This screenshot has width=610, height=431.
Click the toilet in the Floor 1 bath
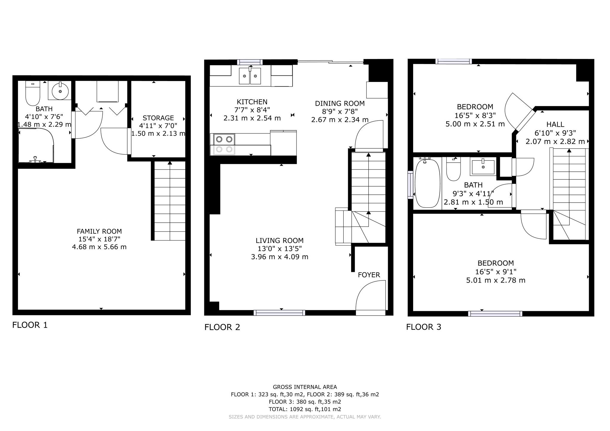tap(33, 93)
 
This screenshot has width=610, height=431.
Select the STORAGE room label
tap(158, 118)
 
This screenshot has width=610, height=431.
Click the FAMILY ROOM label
tap(99, 231)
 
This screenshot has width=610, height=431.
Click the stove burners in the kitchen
tap(224, 144)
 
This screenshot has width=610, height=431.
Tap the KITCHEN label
tap(252, 102)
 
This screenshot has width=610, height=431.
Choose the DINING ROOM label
tap(340, 103)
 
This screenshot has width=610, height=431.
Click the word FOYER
tap(369, 275)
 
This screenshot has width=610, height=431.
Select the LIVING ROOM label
tap(279, 241)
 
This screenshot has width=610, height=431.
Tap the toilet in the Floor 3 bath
tap(453, 169)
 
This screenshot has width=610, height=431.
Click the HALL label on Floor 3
tap(555, 124)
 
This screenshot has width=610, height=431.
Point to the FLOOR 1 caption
tap(30, 325)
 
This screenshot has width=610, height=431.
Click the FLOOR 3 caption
tap(424, 327)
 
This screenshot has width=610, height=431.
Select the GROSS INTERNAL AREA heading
tap(305, 387)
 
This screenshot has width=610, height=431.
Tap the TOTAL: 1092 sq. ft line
tap(305, 409)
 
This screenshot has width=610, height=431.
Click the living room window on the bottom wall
tap(279, 313)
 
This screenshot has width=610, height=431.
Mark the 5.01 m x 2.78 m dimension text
tap(496, 280)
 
